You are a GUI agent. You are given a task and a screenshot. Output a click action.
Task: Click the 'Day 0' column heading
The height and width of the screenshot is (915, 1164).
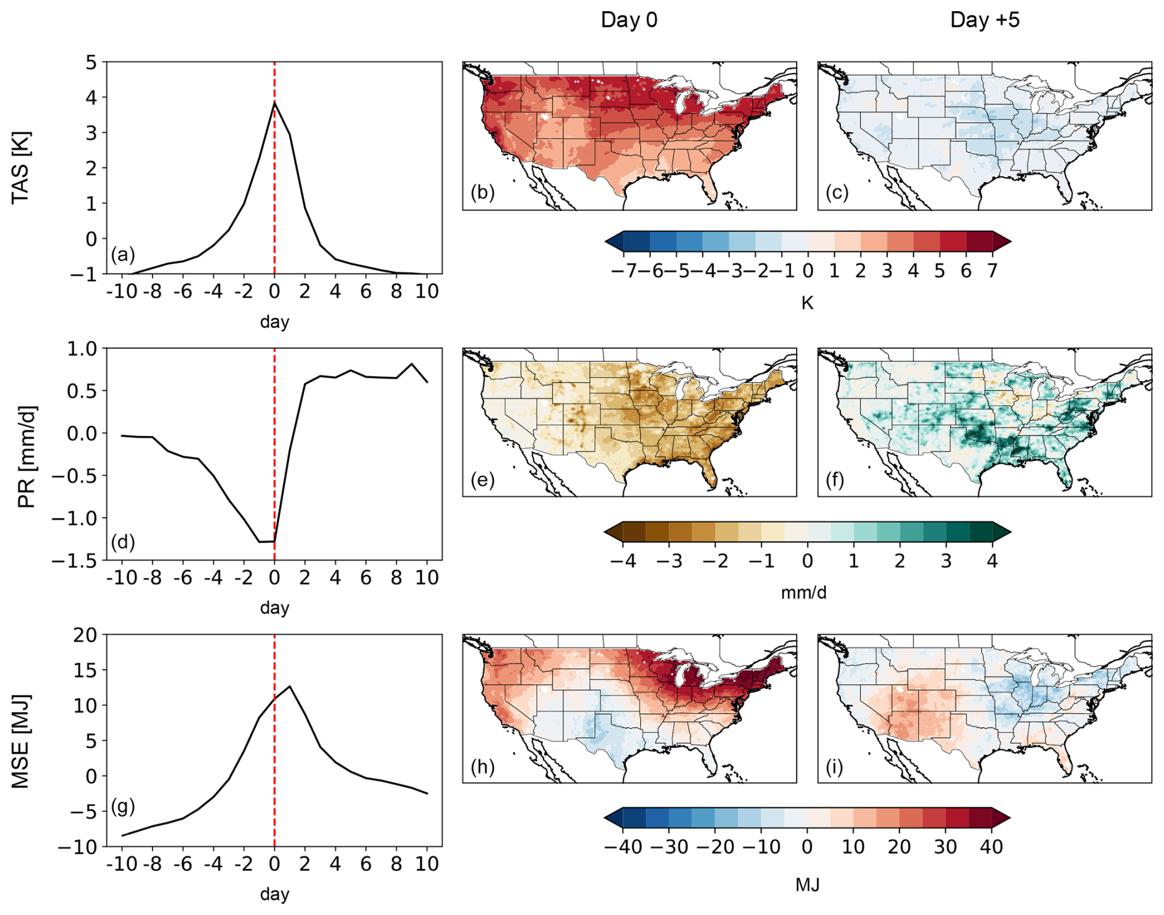point(628,20)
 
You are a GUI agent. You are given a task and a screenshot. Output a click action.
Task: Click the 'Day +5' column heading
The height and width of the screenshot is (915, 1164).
point(985,20)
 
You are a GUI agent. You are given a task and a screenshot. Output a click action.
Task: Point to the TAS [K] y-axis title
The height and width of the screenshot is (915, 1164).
point(21,167)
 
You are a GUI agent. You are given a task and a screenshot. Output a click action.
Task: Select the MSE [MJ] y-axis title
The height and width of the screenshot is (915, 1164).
point(21,741)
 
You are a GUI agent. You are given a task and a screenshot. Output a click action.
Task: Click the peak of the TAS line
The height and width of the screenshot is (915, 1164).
point(275,103)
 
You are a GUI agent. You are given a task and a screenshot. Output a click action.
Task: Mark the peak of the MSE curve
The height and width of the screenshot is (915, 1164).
point(290,686)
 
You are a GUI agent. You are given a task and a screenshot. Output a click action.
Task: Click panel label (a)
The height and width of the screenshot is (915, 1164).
point(123,254)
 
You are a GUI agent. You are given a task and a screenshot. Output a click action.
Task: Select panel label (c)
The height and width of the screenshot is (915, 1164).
point(837,193)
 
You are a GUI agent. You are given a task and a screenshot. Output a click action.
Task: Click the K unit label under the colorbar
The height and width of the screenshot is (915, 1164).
point(807,303)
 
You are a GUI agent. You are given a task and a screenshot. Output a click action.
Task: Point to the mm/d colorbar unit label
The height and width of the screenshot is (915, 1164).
point(803,592)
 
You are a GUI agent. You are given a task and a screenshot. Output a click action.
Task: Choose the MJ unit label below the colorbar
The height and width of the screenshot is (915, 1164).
point(807,884)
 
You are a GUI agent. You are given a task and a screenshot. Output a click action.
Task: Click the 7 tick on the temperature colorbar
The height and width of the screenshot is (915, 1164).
point(992,271)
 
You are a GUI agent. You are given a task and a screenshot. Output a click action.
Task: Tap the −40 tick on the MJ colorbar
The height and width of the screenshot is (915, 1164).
point(623,847)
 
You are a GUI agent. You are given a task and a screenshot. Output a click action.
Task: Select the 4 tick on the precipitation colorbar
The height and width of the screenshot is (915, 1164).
point(992,561)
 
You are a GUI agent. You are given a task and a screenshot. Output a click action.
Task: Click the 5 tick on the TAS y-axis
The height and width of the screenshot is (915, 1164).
point(92,62)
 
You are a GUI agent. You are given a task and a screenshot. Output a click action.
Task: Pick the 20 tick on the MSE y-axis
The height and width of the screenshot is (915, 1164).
point(85,635)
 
